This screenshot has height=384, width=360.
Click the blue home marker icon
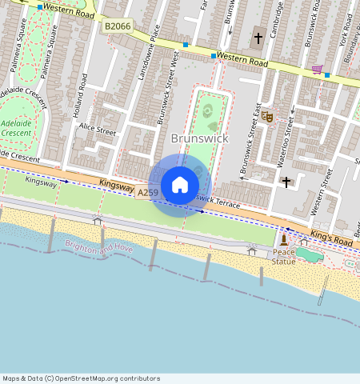180,185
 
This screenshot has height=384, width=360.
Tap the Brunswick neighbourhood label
200,138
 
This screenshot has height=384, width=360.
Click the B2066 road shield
118,26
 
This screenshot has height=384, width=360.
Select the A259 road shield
148,193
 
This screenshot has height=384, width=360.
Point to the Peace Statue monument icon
284,240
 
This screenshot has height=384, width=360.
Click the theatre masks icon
268,117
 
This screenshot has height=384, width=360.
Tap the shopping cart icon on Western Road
317,70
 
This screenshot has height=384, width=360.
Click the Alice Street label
97,131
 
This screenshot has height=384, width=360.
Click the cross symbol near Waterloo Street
286,182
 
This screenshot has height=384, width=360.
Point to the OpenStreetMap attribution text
81,378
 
